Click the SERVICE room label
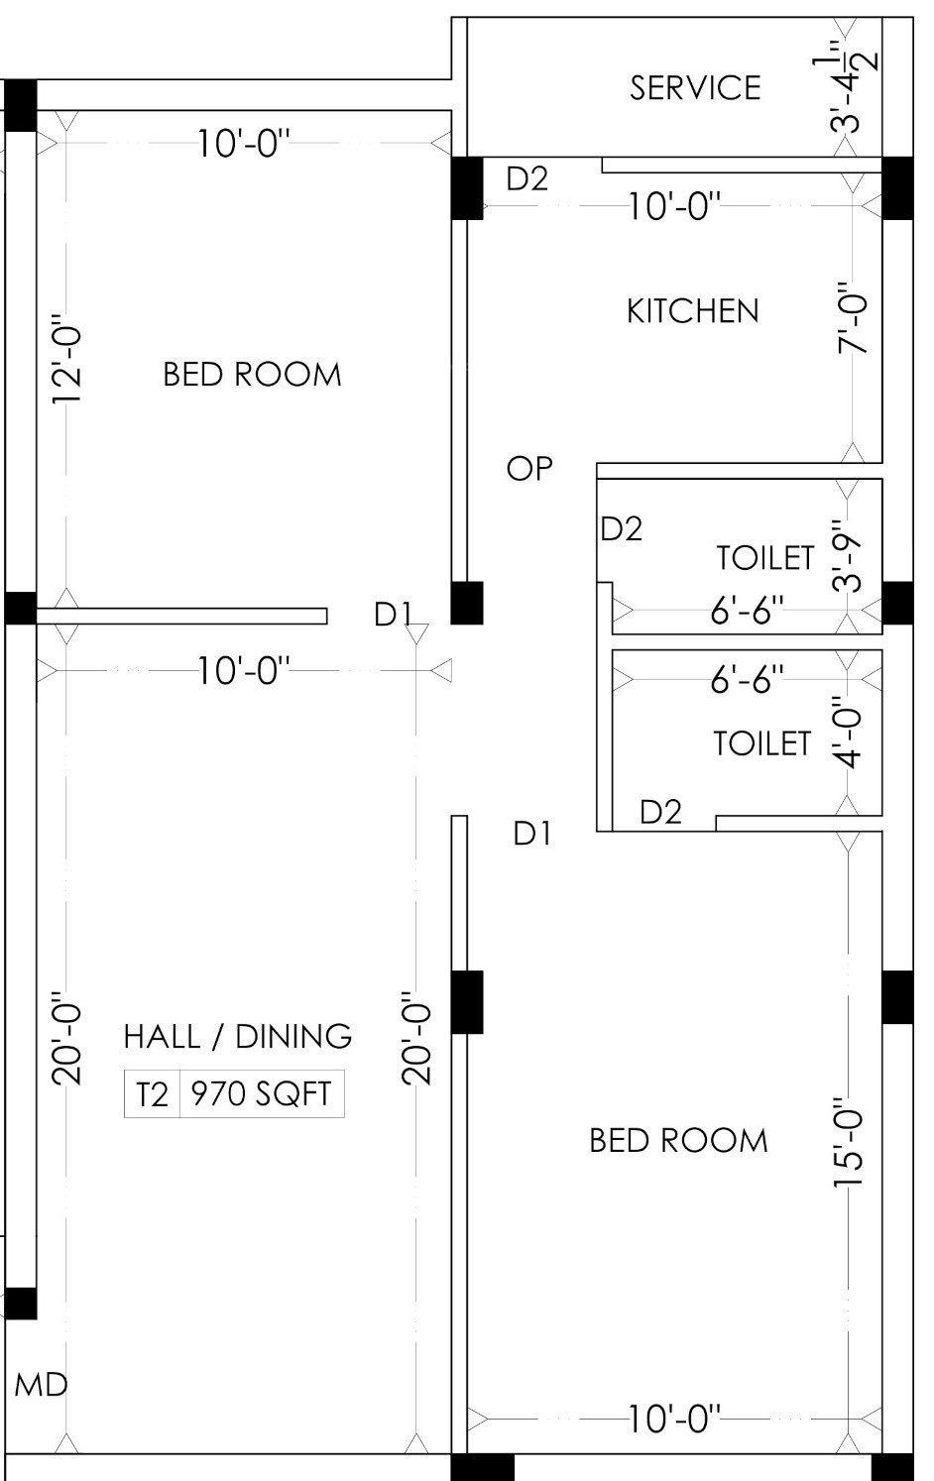[x=695, y=88]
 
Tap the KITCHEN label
[x=692, y=311]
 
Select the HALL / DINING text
[x=238, y=1036]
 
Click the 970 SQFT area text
[x=262, y=1093]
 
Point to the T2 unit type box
[x=152, y=1093]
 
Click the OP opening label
[x=529, y=469]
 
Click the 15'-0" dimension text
[x=848, y=1142]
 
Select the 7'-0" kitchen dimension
[x=852, y=318]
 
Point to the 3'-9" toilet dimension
[x=848, y=555]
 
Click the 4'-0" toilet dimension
[x=848, y=732]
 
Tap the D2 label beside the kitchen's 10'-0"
[x=527, y=178]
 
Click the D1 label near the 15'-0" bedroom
[x=532, y=834]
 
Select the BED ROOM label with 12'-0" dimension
[x=252, y=375]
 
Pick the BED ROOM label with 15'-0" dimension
[x=678, y=1141]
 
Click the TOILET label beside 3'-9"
[x=765, y=558]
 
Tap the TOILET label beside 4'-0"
[x=762, y=743]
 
